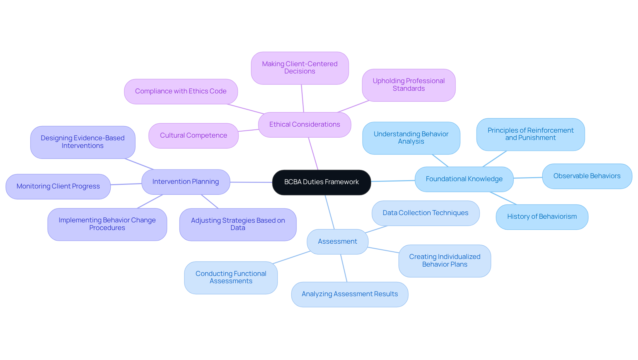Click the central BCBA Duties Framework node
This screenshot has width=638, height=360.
pyautogui.click(x=321, y=182)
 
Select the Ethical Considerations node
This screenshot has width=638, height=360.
pyautogui.click(x=304, y=125)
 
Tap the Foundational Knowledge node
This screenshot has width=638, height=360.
pyautogui.click(x=464, y=179)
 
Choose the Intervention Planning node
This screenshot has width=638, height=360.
pyautogui.click(x=185, y=182)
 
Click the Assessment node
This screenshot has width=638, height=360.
pyautogui.click(x=337, y=242)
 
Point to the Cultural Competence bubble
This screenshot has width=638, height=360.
pyautogui.click(x=193, y=136)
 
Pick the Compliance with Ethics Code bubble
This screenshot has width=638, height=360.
pyautogui.click(x=180, y=91)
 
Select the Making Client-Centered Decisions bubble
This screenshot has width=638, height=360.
pyautogui.click(x=299, y=68)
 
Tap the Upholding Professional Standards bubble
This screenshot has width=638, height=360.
pyautogui.click(x=408, y=85)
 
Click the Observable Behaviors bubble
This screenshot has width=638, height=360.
pyautogui.click(x=587, y=176)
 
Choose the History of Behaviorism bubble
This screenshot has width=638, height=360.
pyautogui.click(x=542, y=217)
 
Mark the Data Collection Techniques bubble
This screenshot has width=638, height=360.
pyautogui.click(x=425, y=213)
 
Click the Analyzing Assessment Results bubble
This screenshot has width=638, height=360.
pyautogui.click(x=350, y=294)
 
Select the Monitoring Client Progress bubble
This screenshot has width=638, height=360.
pyautogui.click(x=58, y=186)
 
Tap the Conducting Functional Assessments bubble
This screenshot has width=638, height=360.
pyautogui.click(x=231, y=278)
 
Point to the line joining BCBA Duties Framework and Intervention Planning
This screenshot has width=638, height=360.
pyautogui.click(x=251, y=182)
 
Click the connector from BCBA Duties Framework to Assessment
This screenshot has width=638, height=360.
pyautogui.click(x=330, y=212)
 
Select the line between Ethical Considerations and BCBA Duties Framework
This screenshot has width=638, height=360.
pyautogui.click(x=313, y=154)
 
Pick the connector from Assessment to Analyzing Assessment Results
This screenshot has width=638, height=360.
pyautogui.click(x=344, y=268)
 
